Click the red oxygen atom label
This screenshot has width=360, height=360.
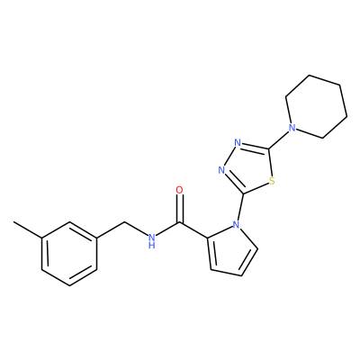[x=179, y=190]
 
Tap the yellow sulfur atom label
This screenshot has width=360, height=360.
[x=272, y=181]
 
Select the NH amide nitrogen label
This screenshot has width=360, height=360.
[x=152, y=241]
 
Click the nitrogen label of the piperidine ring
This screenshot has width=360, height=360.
[x=292, y=128]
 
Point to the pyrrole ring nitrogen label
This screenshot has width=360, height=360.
[x=237, y=224]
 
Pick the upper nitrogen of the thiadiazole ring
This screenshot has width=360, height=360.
[x=238, y=142]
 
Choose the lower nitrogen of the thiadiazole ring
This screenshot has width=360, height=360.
[x=221, y=170]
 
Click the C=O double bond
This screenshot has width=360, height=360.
[x=179, y=209]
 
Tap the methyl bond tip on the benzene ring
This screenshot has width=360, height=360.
[x=13, y=222]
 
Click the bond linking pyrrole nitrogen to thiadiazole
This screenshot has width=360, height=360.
[x=240, y=207]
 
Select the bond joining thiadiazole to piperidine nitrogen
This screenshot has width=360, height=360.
[x=278, y=139]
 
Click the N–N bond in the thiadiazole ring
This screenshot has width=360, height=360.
[x=229, y=157]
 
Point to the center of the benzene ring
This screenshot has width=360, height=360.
[x=69, y=254]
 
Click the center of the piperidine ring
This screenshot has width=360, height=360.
[x=316, y=106]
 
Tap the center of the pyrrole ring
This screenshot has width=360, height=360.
[x=230, y=249]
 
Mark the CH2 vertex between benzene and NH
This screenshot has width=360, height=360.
[x=124, y=222]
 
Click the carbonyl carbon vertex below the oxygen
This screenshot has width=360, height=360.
[x=179, y=222]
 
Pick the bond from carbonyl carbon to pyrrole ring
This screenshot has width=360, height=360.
[x=193, y=230]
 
